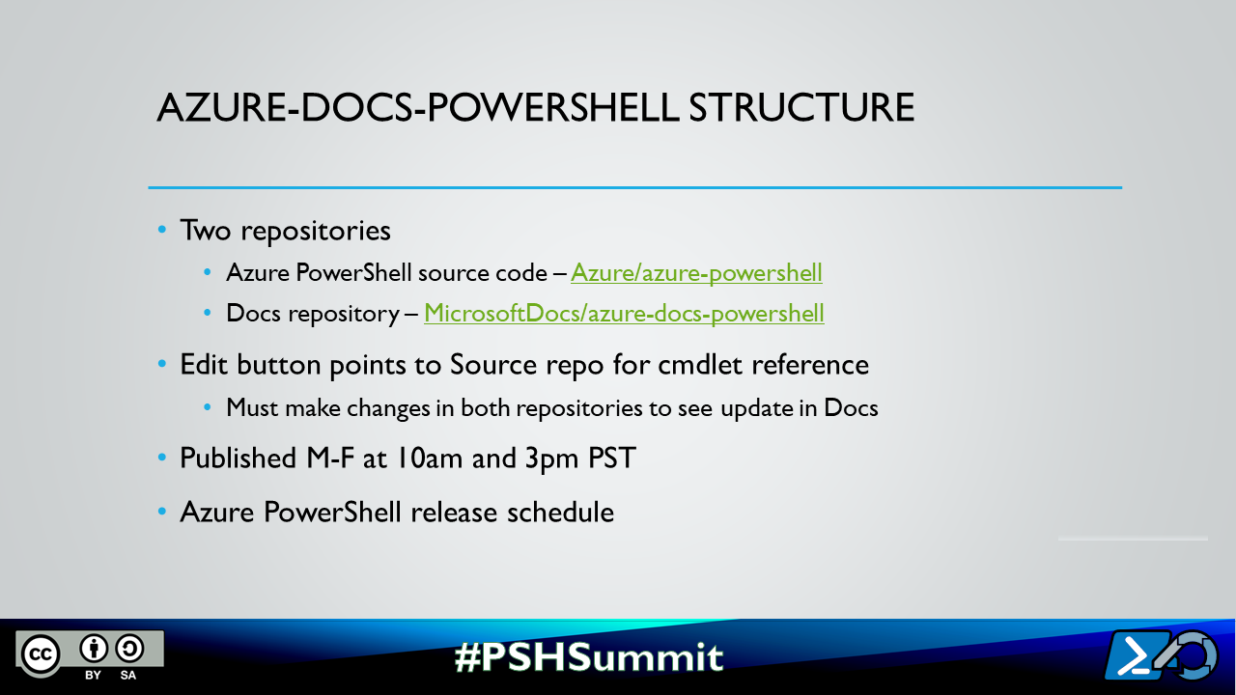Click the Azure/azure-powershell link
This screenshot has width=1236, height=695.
pyautogui.click(x=696, y=273)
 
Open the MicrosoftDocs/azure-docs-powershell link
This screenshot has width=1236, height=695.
pyautogui.click(x=624, y=314)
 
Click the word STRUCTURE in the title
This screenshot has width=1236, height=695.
pyautogui.click(x=801, y=108)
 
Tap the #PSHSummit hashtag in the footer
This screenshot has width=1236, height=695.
pyautogui.click(x=588, y=656)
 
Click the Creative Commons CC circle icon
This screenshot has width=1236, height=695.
pyautogui.click(x=42, y=653)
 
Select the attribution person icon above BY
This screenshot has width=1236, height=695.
pyautogui.click(x=94, y=648)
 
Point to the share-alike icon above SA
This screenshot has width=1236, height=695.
pyautogui.click(x=129, y=648)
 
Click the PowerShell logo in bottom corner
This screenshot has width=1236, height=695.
pyautogui.click(x=1161, y=656)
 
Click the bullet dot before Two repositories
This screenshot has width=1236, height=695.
pyautogui.click(x=162, y=232)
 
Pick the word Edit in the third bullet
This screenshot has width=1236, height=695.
pyautogui.click(x=205, y=365)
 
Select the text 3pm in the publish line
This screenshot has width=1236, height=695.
pyautogui.click(x=552, y=458)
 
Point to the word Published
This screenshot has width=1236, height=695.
pyautogui.click(x=235, y=458)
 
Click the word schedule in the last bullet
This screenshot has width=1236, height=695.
pyautogui.click(x=561, y=512)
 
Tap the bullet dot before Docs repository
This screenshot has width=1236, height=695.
pyautogui.click(x=208, y=315)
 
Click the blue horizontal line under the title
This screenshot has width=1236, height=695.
pyautogui.click(x=634, y=187)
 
